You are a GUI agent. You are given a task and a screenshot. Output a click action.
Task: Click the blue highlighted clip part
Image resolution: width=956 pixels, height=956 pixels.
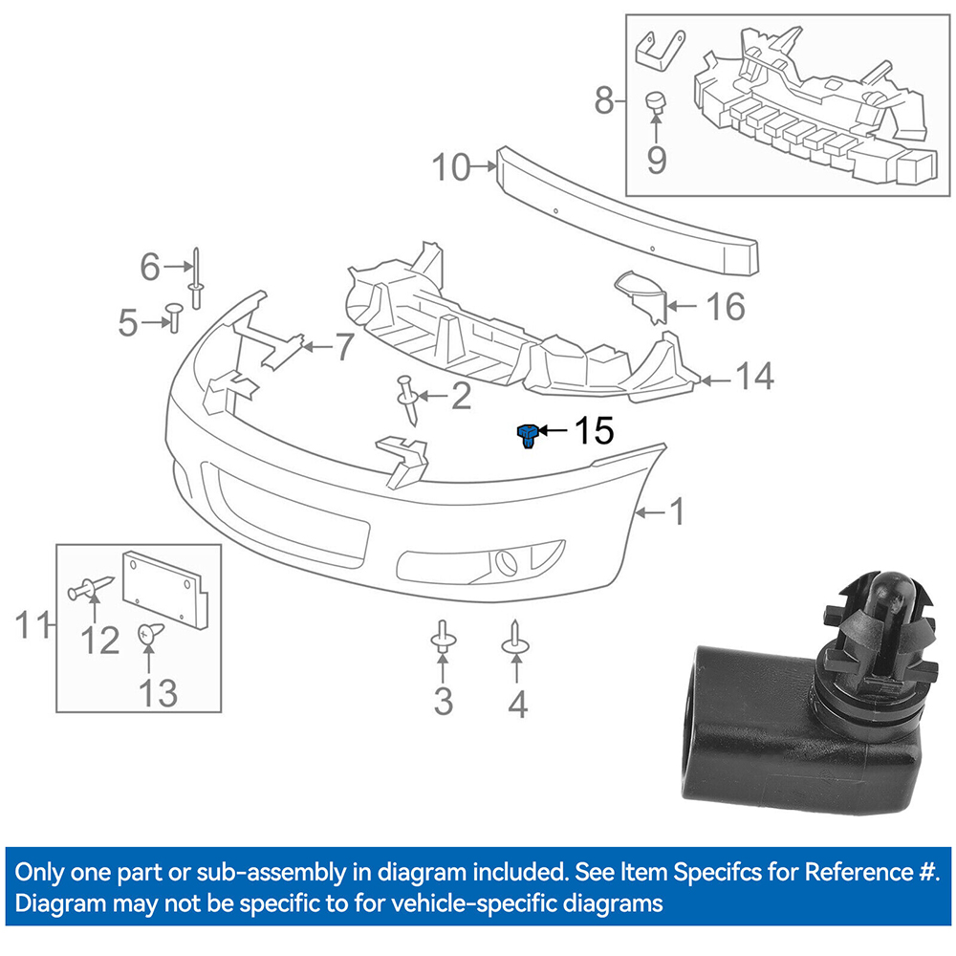point(528,436)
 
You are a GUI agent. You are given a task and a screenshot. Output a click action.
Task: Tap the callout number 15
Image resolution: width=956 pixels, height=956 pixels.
point(594,431)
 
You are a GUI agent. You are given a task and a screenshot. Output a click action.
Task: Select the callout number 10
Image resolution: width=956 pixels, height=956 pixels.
point(451,167)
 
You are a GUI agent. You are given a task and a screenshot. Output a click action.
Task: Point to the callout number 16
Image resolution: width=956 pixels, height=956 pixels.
point(726,306)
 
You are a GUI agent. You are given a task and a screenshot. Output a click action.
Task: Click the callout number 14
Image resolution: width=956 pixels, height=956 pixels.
point(755,376)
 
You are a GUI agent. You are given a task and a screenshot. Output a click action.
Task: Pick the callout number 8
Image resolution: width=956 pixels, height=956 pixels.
point(603,100)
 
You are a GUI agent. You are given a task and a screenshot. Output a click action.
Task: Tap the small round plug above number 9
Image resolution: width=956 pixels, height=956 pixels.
point(656,102)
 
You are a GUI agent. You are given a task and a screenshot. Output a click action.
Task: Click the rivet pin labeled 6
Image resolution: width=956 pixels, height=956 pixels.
point(196,278)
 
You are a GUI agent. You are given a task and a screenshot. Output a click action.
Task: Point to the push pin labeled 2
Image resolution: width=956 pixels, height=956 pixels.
point(407,401)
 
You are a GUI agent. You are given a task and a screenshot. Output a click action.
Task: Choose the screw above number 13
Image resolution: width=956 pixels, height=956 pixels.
point(150,634)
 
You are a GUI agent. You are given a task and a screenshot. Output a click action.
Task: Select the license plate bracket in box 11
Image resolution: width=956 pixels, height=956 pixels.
point(165,590)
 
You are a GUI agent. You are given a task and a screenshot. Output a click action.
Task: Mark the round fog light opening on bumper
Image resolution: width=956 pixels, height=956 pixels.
point(506,562)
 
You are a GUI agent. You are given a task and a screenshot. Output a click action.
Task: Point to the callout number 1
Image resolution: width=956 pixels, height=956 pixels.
point(678,511)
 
